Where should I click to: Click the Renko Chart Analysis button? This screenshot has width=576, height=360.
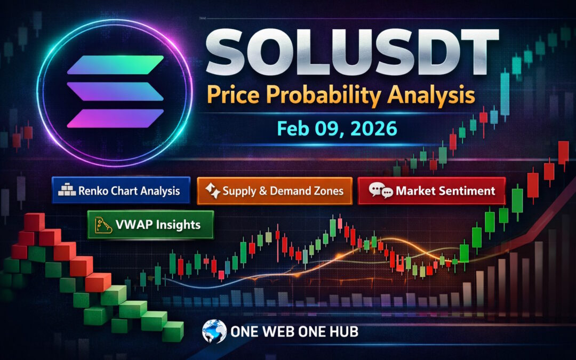coord(121,190)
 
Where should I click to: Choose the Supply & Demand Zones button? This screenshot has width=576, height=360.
coord(275,190)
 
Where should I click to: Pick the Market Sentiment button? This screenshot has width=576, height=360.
coord(431,190)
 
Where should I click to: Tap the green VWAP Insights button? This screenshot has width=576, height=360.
coord(150,225)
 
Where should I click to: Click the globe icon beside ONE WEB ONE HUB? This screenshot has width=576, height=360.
coord(214,331)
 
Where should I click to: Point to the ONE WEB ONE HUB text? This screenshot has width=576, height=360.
coord(294,332)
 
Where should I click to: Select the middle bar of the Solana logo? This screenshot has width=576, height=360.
coord(116,91)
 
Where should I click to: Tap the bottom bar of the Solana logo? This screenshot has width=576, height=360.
coord(116,117)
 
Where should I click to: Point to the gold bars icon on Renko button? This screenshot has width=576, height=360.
coord(67,191)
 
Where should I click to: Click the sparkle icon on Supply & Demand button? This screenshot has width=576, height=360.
coord(213,190)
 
